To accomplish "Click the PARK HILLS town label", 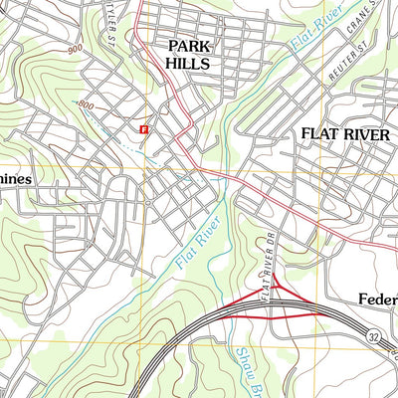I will coord(188,54).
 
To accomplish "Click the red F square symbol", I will coord(145,128).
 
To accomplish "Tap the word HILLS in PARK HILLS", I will coord(188,63).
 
